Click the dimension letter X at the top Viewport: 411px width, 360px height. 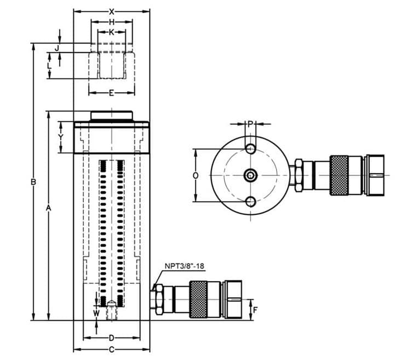[x=111, y=11]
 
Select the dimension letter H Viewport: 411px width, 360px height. [x=111, y=22]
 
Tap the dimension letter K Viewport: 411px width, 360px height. [x=112, y=32]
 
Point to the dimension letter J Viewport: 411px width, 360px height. [x=49, y=48]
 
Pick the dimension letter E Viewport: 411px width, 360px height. [x=111, y=93]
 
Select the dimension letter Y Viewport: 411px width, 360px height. [x=61, y=136]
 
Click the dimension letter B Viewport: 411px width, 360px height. [x=33, y=181]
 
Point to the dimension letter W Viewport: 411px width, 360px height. [x=96, y=313]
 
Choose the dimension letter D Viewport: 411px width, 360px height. [x=111, y=338]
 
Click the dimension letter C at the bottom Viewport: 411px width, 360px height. [x=111, y=349]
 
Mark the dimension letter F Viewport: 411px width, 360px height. [x=255, y=310]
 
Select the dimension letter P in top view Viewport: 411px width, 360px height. [x=250, y=124]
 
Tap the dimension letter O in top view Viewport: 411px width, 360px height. [x=196, y=175]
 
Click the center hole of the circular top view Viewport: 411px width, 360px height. [x=250, y=175]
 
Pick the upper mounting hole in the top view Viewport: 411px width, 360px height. [x=250, y=148]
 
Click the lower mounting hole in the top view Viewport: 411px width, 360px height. [x=250, y=202]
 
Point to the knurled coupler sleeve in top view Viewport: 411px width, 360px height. [x=339, y=175]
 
